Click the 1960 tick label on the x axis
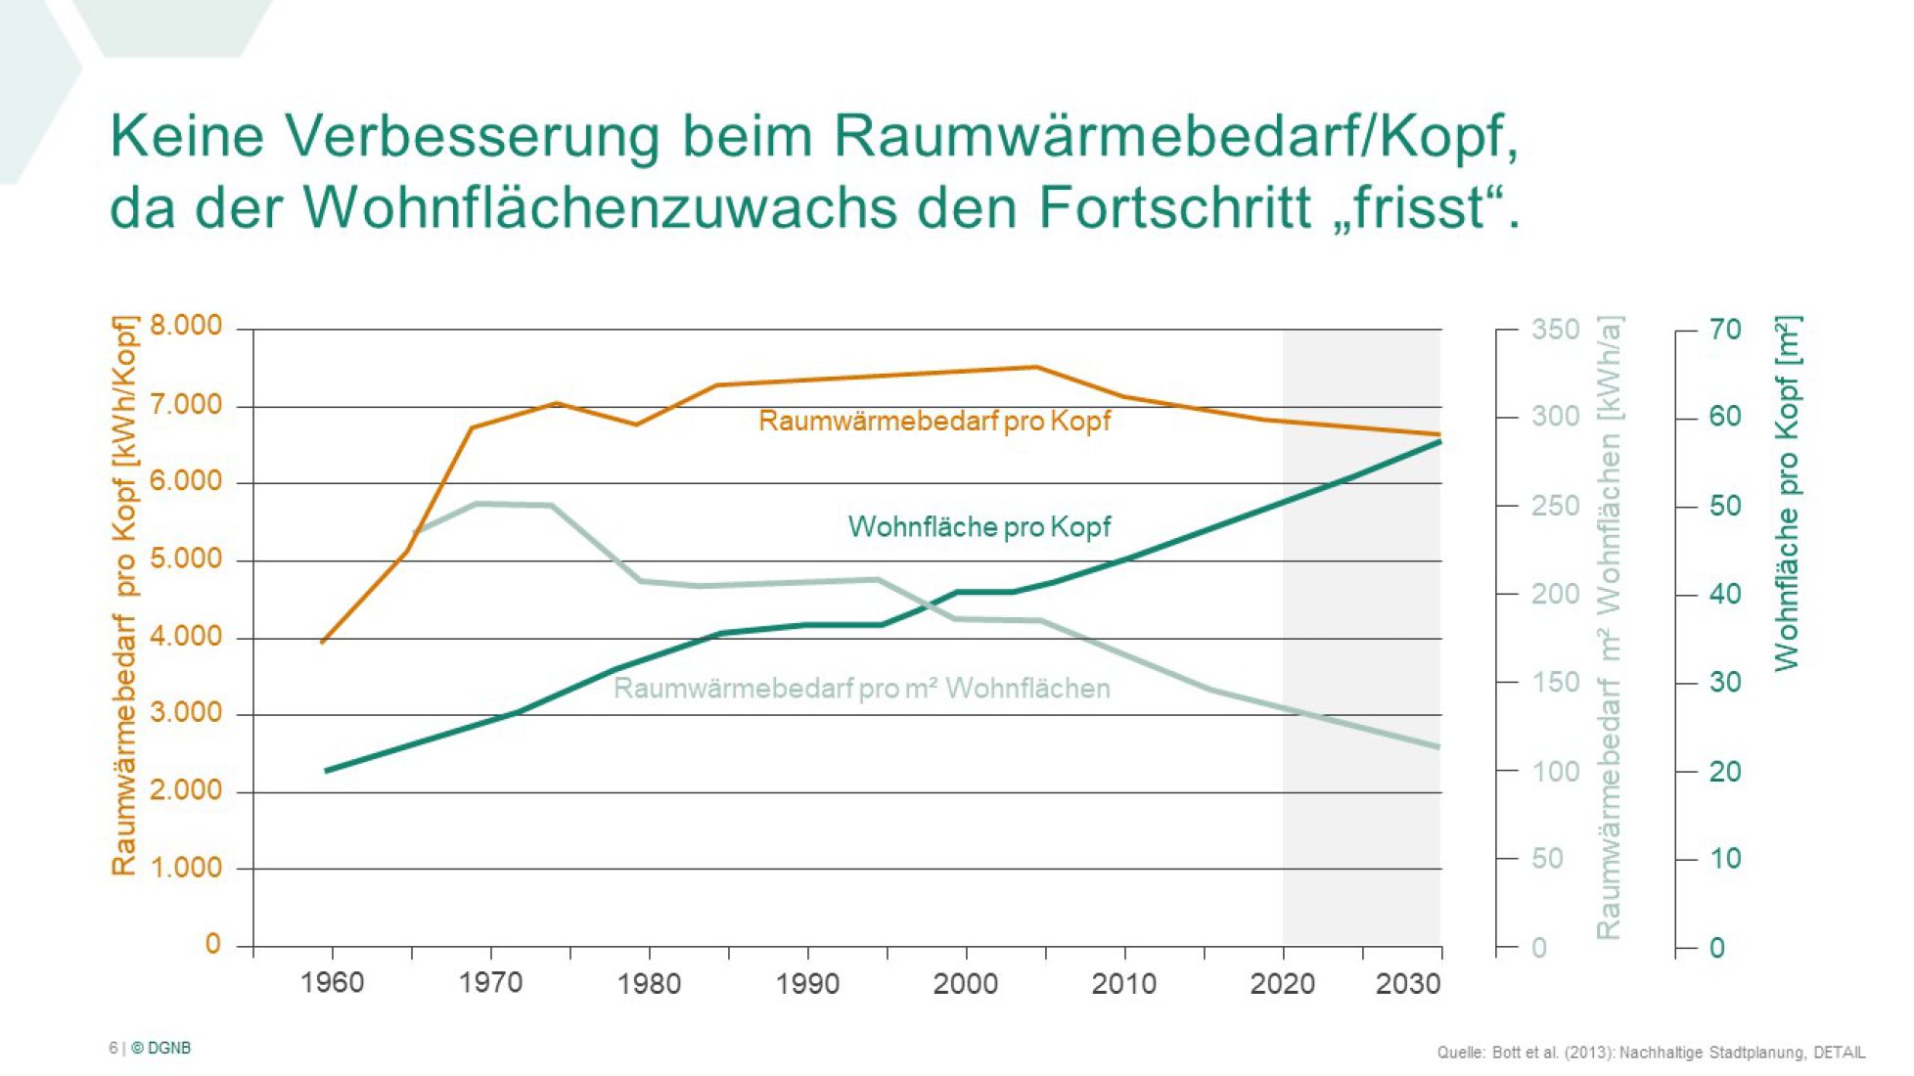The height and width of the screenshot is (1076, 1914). pyautogui.click(x=333, y=983)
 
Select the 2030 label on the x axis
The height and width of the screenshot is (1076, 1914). pyautogui.click(x=1408, y=983)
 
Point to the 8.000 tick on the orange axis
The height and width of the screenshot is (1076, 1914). pyautogui.click(x=186, y=326)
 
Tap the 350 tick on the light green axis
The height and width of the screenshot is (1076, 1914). pyautogui.click(x=1555, y=330)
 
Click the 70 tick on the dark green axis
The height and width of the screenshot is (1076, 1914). pyautogui.click(x=1725, y=330)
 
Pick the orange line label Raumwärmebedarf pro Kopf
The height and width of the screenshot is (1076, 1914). pyautogui.click(x=934, y=421)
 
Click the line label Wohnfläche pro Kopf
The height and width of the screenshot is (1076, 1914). pyautogui.click(x=980, y=527)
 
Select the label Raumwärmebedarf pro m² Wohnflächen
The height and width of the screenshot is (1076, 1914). pyautogui.click(x=861, y=689)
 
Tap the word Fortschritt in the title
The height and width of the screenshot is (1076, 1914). pyautogui.click(x=1174, y=207)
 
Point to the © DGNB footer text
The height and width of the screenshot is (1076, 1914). pyautogui.click(x=161, y=1048)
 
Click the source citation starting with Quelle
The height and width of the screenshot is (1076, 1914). pyautogui.click(x=1651, y=1053)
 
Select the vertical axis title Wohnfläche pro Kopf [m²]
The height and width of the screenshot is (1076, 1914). pyautogui.click(x=1787, y=493)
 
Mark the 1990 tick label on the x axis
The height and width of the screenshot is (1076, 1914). pyautogui.click(x=807, y=983)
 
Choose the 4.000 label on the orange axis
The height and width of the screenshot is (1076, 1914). pyautogui.click(x=186, y=637)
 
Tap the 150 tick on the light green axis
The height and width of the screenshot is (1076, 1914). pyautogui.click(x=1555, y=682)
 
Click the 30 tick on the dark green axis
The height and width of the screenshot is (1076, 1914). pyautogui.click(x=1725, y=682)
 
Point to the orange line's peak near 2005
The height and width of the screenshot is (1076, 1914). pyautogui.click(x=1036, y=367)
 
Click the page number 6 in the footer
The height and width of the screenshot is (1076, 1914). pyautogui.click(x=113, y=1048)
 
